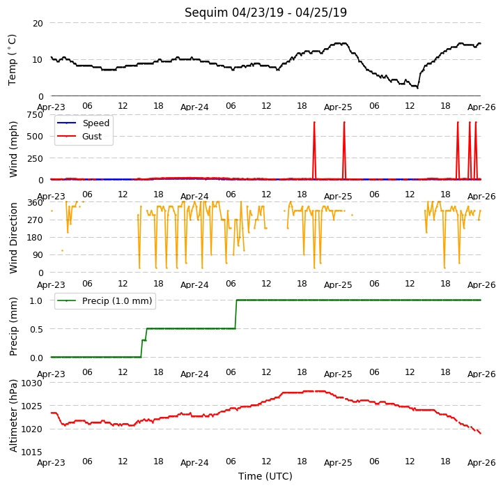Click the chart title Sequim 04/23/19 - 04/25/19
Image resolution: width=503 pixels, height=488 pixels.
pyautogui.click(x=265, y=13)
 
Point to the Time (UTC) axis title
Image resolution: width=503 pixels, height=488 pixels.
pyautogui.click(x=265, y=475)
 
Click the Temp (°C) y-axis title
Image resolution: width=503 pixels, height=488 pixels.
pyautogui.click(x=12, y=60)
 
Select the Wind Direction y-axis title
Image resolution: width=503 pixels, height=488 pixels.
pyautogui.click(x=13, y=238)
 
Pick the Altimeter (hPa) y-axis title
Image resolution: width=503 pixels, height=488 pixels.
pyautogui.click(x=13, y=415)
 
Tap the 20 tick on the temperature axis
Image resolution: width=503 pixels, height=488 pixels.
pyautogui.click(x=38, y=24)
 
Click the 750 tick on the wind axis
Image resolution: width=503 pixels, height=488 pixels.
pyautogui.click(x=35, y=114)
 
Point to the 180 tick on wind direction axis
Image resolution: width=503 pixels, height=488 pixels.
pyautogui.click(x=36, y=238)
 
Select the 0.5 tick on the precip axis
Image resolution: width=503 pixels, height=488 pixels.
pyautogui.click(x=36, y=329)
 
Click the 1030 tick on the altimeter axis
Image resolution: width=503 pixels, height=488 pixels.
pyautogui.click(x=32, y=383)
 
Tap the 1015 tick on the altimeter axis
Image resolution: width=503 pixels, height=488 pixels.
pyautogui.click(x=32, y=452)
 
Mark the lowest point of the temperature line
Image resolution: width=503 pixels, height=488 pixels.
pyautogui.click(x=417, y=88)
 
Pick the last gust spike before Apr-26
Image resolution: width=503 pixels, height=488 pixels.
pyautogui.click(x=476, y=151)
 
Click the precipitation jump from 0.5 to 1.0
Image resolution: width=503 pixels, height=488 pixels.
pyautogui.click(x=236, y=314)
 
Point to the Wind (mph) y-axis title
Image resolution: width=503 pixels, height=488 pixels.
pyautogui.click(x=13, y=149)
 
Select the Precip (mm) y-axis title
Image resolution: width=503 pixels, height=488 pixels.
pyautogui.click(x=13, y=327)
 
